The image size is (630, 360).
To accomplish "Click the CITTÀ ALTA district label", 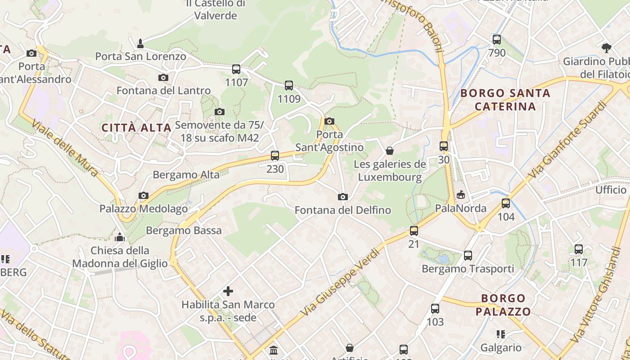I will tap(136, 127).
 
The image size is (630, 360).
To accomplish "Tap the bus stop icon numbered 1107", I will tap(236, 69).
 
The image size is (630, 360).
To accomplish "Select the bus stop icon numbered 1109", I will tap(289, 85).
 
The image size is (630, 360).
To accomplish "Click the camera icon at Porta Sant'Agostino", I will tap(329, 121).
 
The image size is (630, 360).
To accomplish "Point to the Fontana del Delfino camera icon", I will tap(343, 197).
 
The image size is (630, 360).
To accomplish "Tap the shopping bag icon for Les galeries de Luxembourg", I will tap(390, 151).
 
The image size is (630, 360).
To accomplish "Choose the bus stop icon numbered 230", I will tap(275, 156).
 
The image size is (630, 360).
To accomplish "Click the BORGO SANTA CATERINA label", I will tap(505, 100).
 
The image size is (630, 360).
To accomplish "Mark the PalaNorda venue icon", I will tap(460, 195).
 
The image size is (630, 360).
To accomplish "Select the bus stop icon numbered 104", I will tap(506, 203).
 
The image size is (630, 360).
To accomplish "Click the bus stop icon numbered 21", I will tap(414, 231).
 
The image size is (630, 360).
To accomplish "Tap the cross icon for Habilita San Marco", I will tap(228, 291).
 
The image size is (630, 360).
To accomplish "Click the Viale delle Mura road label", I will tap(65, 148).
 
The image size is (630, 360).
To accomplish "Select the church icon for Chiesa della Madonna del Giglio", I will tap(120, 237).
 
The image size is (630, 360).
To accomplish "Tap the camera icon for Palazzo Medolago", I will tap(144, 195).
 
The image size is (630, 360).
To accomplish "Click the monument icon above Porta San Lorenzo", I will tap(140, 43).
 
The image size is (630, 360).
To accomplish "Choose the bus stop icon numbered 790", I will tap(497, 40).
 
